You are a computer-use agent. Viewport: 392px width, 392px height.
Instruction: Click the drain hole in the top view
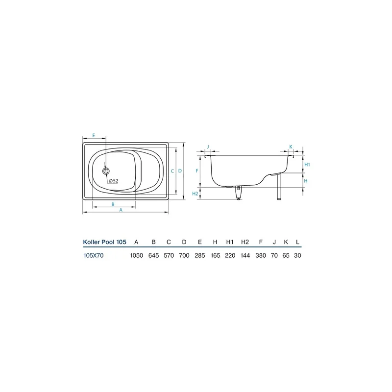click(106, 171)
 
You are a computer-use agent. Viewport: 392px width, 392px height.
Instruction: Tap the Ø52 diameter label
click(114, 181)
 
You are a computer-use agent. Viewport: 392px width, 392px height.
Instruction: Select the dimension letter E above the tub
click(94, 135)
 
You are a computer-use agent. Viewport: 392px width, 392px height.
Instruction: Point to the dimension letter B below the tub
click(113, 204)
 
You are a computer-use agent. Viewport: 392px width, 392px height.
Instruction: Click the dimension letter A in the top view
click(121, 210)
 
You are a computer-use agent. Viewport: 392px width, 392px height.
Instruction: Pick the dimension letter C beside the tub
click(172, 171)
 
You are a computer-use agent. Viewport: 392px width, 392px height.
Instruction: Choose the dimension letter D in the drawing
click(180, 171)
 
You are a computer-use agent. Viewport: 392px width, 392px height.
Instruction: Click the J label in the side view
click(208, 147)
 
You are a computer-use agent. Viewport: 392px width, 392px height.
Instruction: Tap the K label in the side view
click(291, 147)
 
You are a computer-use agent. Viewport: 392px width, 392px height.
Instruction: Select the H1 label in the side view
click(307, 165)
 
